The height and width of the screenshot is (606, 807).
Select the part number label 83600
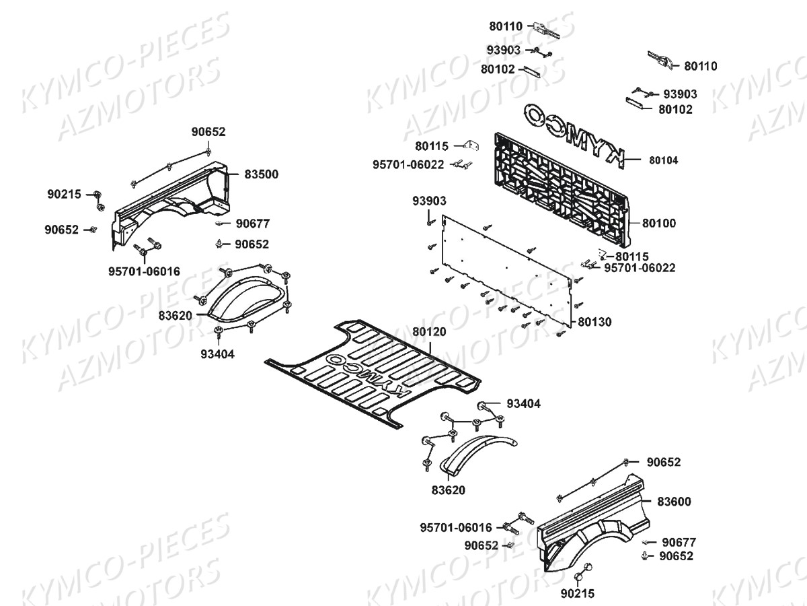pos(674,502)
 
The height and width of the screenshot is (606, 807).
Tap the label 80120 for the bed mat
pos(429,332)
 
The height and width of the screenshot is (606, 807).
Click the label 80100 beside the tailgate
pos(659,223)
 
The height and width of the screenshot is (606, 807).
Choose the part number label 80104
pos(663,160)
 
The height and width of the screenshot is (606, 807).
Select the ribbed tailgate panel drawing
pos(562,189)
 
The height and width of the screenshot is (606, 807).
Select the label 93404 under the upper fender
pos(217,353)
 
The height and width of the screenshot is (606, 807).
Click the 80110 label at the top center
pos(506,27)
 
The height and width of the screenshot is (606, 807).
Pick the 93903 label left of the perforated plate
pos(429,201)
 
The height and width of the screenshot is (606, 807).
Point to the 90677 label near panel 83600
pos(679,542)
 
